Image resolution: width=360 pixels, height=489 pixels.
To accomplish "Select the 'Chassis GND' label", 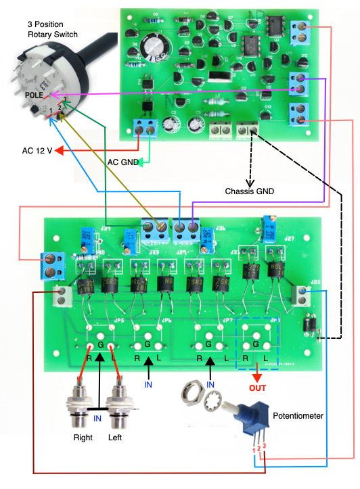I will (x=249, y=192).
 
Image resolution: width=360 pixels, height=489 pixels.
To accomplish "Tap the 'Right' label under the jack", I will (x=83, y=438).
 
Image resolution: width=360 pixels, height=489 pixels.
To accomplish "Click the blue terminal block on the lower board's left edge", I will (x=51, y=264).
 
